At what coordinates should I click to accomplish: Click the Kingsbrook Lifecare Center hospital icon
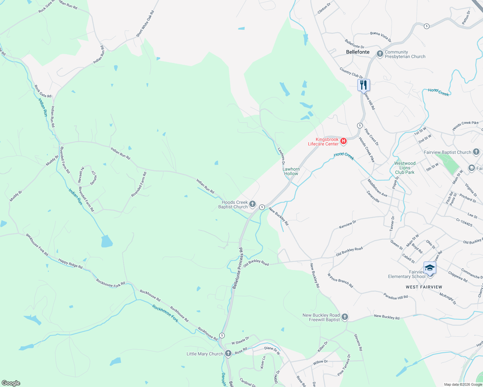pyautogui.click(x=344, y=141)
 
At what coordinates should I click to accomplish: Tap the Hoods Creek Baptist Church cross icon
pyautogui.click(x=252, y=204)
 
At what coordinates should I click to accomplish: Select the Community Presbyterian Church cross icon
pyautogui.click(x=380, y=54)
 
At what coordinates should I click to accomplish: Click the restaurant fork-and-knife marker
pyautogui.click(x=364, y=85)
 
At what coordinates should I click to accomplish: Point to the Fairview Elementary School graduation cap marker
pyautogui.click(x=430, y=268)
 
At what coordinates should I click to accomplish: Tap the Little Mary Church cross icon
pyautogui.click(x=228, y=353)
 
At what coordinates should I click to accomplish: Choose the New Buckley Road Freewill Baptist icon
pyautogui.click(x=345, y=317)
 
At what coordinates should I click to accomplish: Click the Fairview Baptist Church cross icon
pyautogui.click(x=476, y=152)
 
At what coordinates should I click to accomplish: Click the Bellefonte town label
pyautogui.click(x=358, y=52)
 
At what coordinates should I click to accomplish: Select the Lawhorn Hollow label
pyautogui.click(x=291, y=171)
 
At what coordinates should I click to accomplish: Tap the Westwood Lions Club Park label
pyautogui.click(x=405, y=168)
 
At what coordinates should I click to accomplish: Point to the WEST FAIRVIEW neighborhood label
pyautogui.click(x=424, y=287)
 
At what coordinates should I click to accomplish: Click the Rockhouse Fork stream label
pyautogui.click(x=165, y=313)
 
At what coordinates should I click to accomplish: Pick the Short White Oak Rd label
pyautogui.click(x=145, y=24)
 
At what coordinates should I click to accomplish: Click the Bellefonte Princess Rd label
pyautogui.click(x=238, y=268)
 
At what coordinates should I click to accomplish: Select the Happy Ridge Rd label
pyautogui.click(x=70, y=263)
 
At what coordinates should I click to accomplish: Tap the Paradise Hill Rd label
pyautogui.click(x=396, y=296)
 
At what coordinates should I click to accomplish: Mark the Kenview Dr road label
pyautogui.click(x=348, y=224)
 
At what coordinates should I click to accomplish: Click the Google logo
pyautogui.click(x=11, y=383)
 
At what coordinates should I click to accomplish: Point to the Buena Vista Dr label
pyautogui.click(x=381, y=37)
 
